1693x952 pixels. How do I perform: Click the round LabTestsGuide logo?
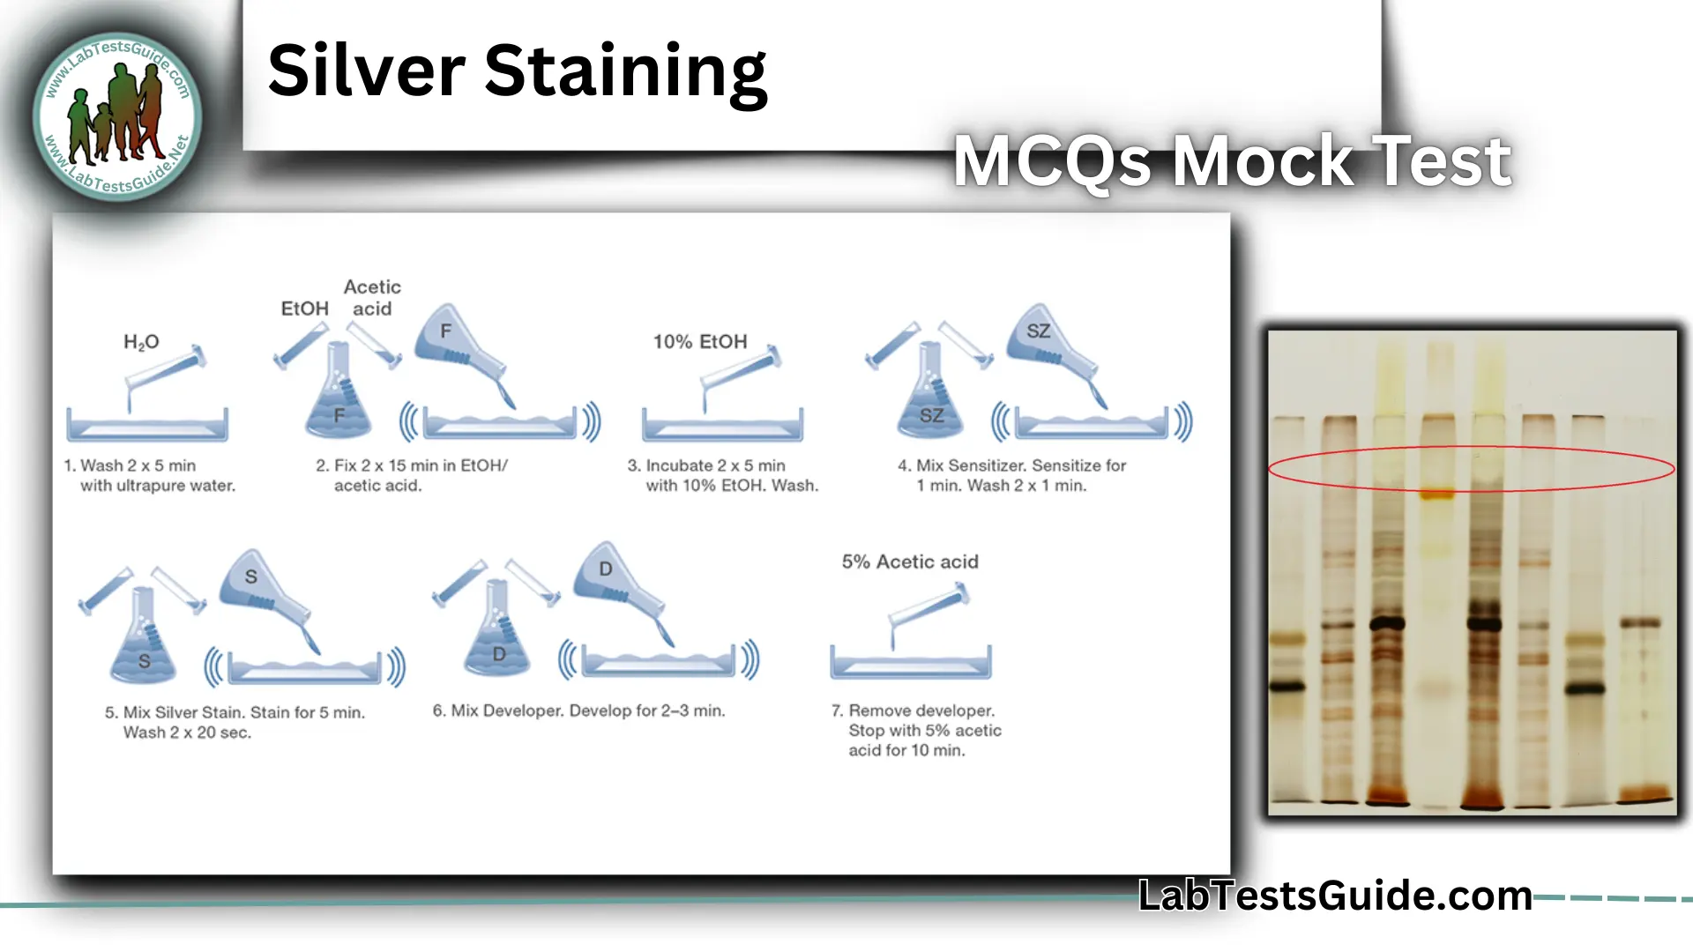(x=117, y=116)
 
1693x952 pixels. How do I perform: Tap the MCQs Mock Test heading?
(x=1232, y=161)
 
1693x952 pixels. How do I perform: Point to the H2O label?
(x=141, y=342)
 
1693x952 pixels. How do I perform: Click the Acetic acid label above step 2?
(x=372, y=298)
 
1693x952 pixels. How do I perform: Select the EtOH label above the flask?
(x=304, y=309)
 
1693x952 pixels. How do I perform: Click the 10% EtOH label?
(x=699, y=342)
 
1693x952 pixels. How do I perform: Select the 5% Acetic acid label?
(x=910, y=562)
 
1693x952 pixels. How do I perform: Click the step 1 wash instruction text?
(x=150, y=475)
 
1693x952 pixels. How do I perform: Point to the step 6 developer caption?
(x=578, y=710)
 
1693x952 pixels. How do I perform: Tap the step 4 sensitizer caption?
(x=1011, y=475)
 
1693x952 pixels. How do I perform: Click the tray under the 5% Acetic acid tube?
(x=911, y=664)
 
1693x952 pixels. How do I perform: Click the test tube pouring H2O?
(x=166, y=370)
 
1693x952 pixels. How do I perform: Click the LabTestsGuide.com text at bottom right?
(x=1334, y=896)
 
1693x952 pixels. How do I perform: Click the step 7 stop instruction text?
(x=917, y=730)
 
